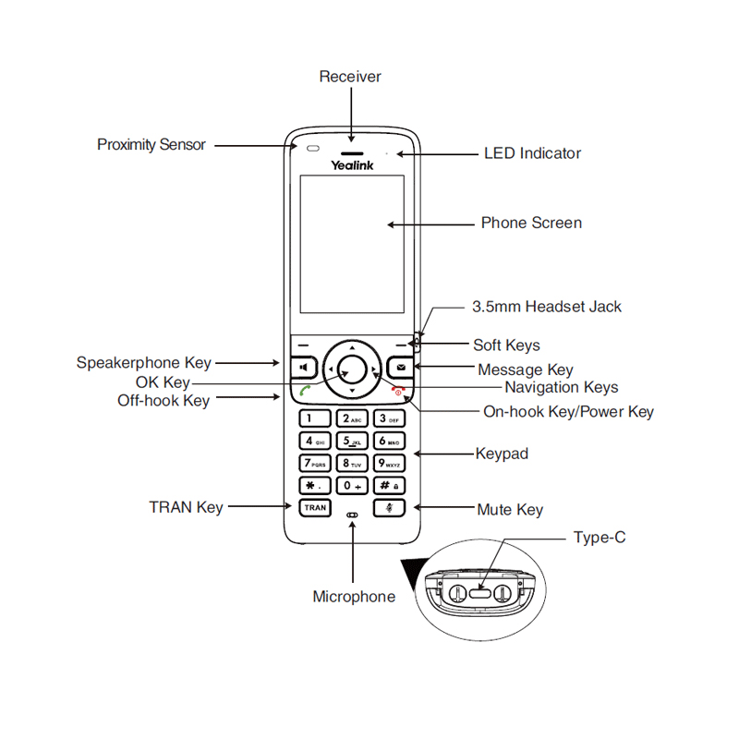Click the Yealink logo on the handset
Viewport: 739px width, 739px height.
click(352, 164)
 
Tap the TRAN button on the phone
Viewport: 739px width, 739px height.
click(314, 507)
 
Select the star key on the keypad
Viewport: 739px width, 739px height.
click(314, 485)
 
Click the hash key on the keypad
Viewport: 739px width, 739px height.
click(389, 485)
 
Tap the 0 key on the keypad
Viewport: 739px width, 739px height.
click(352, 485)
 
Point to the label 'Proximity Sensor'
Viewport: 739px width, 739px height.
click(151, 145)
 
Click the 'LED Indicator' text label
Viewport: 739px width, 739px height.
click(532, 153)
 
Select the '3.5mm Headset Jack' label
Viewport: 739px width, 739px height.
click(547, 307)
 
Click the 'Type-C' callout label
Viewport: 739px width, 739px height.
click(599, 537)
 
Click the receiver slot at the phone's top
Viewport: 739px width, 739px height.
click(352, 149)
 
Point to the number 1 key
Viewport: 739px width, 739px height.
click(314, 418)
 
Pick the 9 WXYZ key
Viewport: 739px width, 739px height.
click(389, 463)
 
